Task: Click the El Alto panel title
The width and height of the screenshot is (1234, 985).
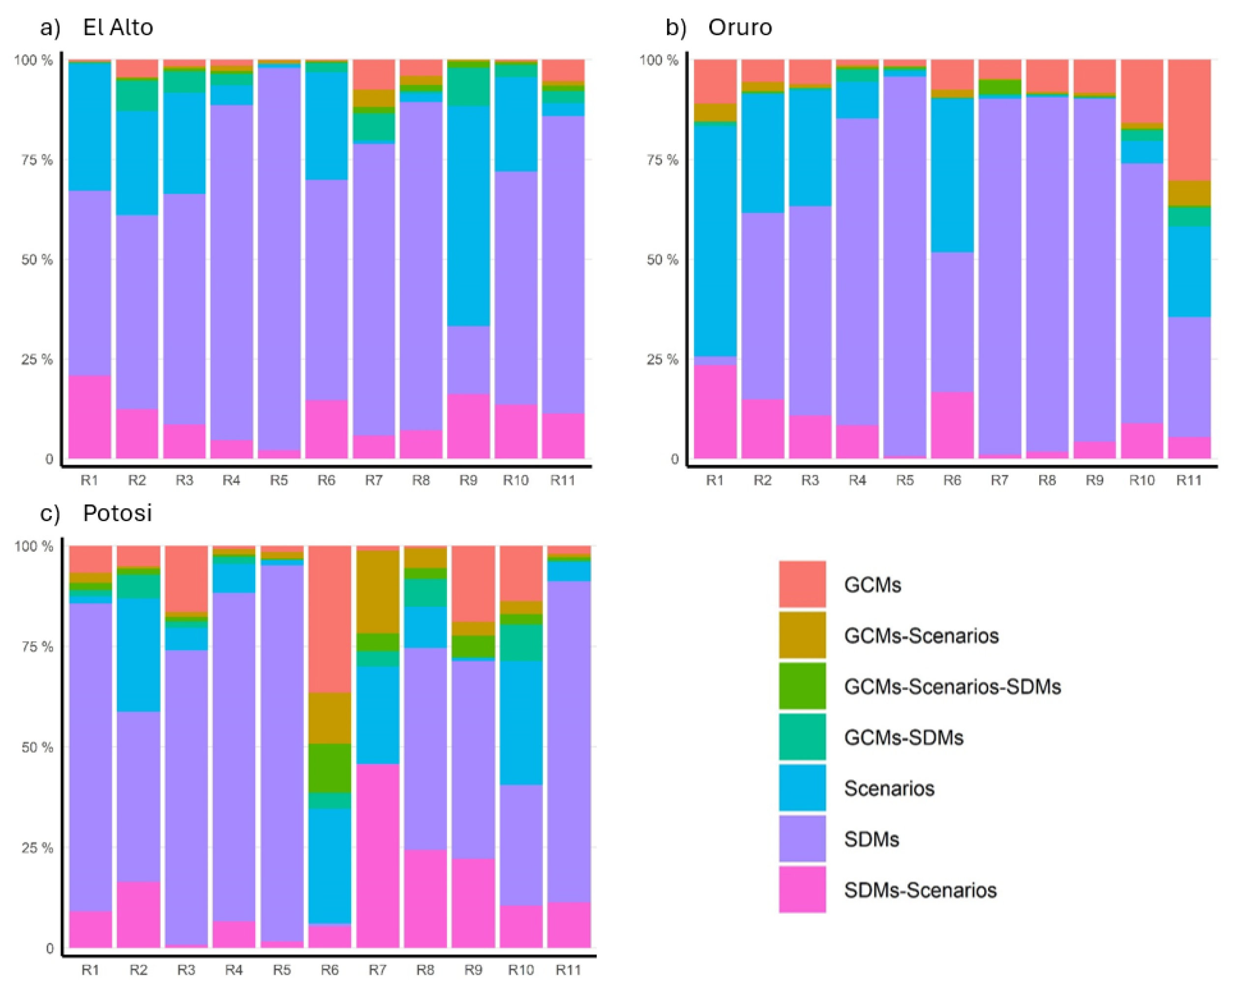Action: tap(118, 27)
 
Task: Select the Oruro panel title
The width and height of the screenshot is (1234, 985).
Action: tap(740, 27)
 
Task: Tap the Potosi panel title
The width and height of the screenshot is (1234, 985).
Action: tap(118, 513)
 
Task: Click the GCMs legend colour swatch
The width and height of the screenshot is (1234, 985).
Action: tap(802, 584)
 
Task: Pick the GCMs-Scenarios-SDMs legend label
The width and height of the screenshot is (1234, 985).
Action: tap(952, 686)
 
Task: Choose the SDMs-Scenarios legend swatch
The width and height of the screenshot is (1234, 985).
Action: tap(802, 890)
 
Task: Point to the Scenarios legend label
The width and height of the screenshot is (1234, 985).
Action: tap(888, 788)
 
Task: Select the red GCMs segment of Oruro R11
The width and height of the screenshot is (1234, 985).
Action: tap(1189, 119)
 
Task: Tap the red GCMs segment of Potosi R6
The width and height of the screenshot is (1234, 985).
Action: tap(329, 618)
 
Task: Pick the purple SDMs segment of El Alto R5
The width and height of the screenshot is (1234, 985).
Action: tap(279, 258)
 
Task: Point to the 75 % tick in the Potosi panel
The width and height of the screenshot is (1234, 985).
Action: tap(37, 646)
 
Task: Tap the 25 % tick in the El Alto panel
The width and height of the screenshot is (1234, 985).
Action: tap(37, 359)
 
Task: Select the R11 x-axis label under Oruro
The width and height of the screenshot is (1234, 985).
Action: tap(1189, 480)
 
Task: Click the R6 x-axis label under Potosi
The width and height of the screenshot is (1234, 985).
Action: tap(329, 970)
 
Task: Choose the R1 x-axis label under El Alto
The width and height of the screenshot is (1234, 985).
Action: tap(90, 480)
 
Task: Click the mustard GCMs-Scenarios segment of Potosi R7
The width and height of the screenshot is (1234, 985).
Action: tap(377, 591)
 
